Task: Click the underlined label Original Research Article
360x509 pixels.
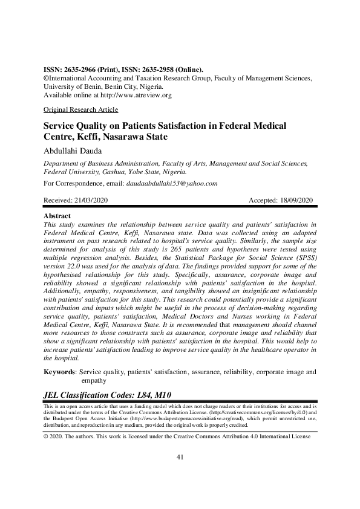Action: point(81,109)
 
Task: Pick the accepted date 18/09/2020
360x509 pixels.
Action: point(295,200)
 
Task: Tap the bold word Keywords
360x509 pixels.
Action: point(61,372)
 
